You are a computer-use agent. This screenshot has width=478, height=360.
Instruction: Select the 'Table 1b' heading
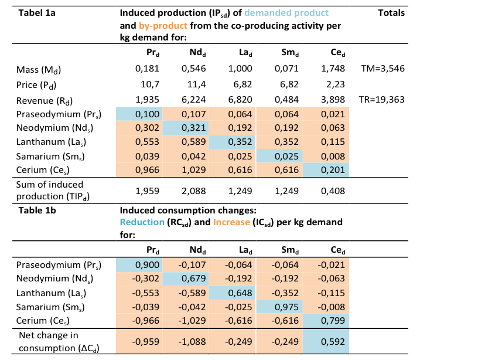[36, 209]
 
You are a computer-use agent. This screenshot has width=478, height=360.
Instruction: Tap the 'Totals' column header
[391, 12]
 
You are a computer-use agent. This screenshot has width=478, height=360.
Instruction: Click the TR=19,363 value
[381, 100]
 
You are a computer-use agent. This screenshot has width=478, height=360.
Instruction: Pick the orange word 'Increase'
[233, 223]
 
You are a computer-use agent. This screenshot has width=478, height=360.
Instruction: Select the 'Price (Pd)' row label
[38, 85]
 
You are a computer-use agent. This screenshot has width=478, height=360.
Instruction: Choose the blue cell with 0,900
[146, 265]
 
